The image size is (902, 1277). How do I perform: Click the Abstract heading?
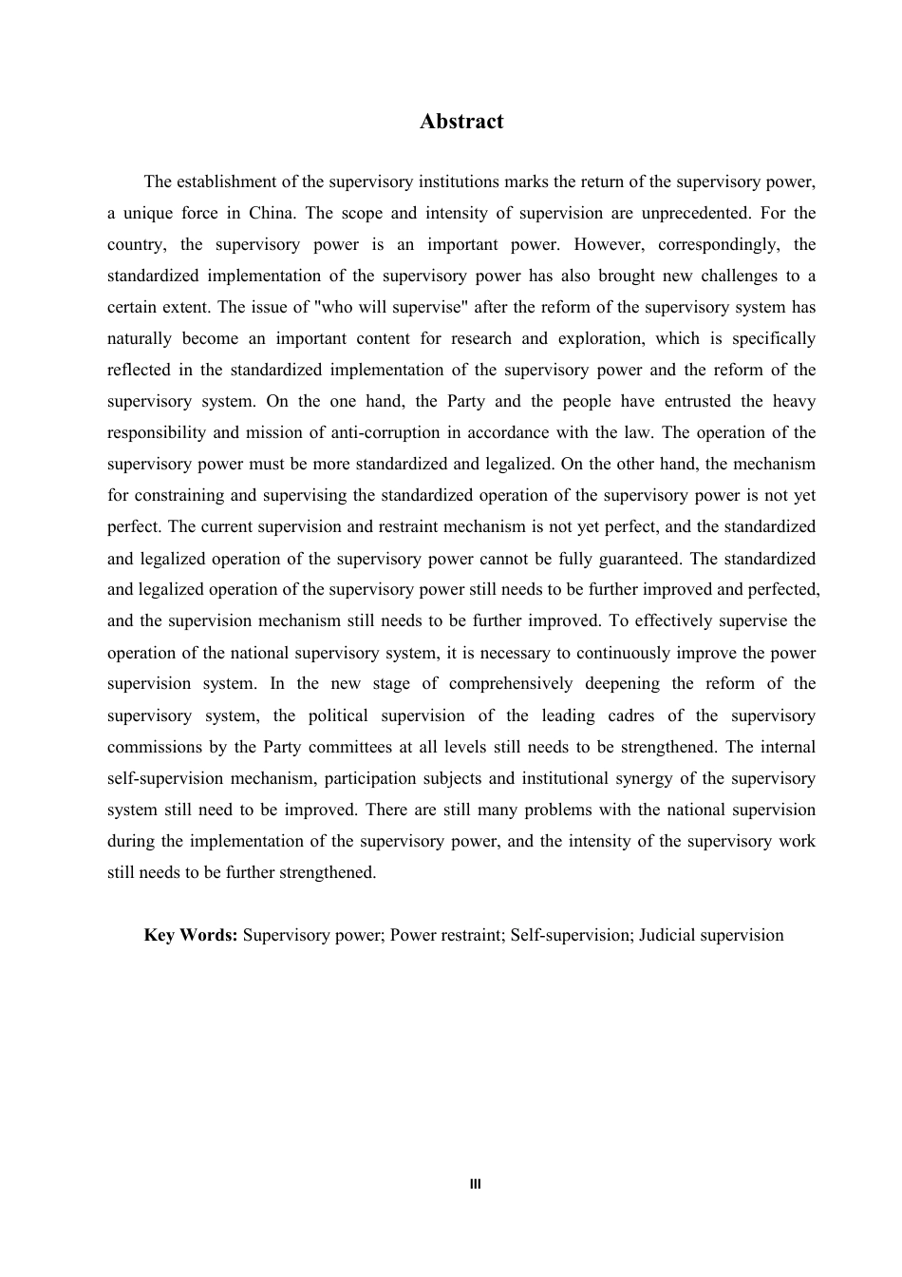(461, 122)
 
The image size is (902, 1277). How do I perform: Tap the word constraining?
(180, 495)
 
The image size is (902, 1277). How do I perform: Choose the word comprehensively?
(511, 684)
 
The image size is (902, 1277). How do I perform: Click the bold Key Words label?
(191, 935)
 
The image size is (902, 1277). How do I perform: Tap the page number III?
(476, 1184)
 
